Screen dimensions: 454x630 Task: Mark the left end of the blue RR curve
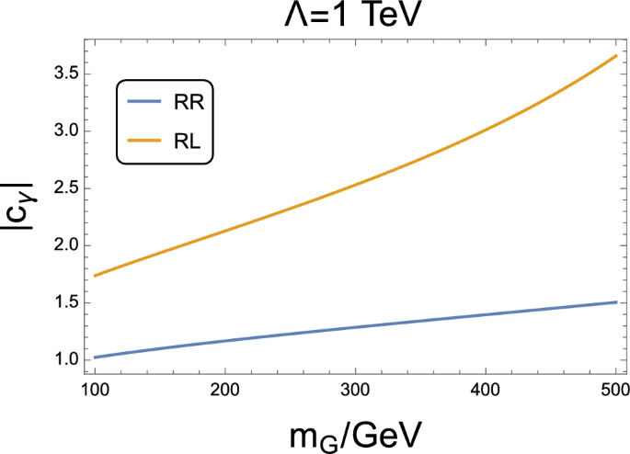click(95, 357)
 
